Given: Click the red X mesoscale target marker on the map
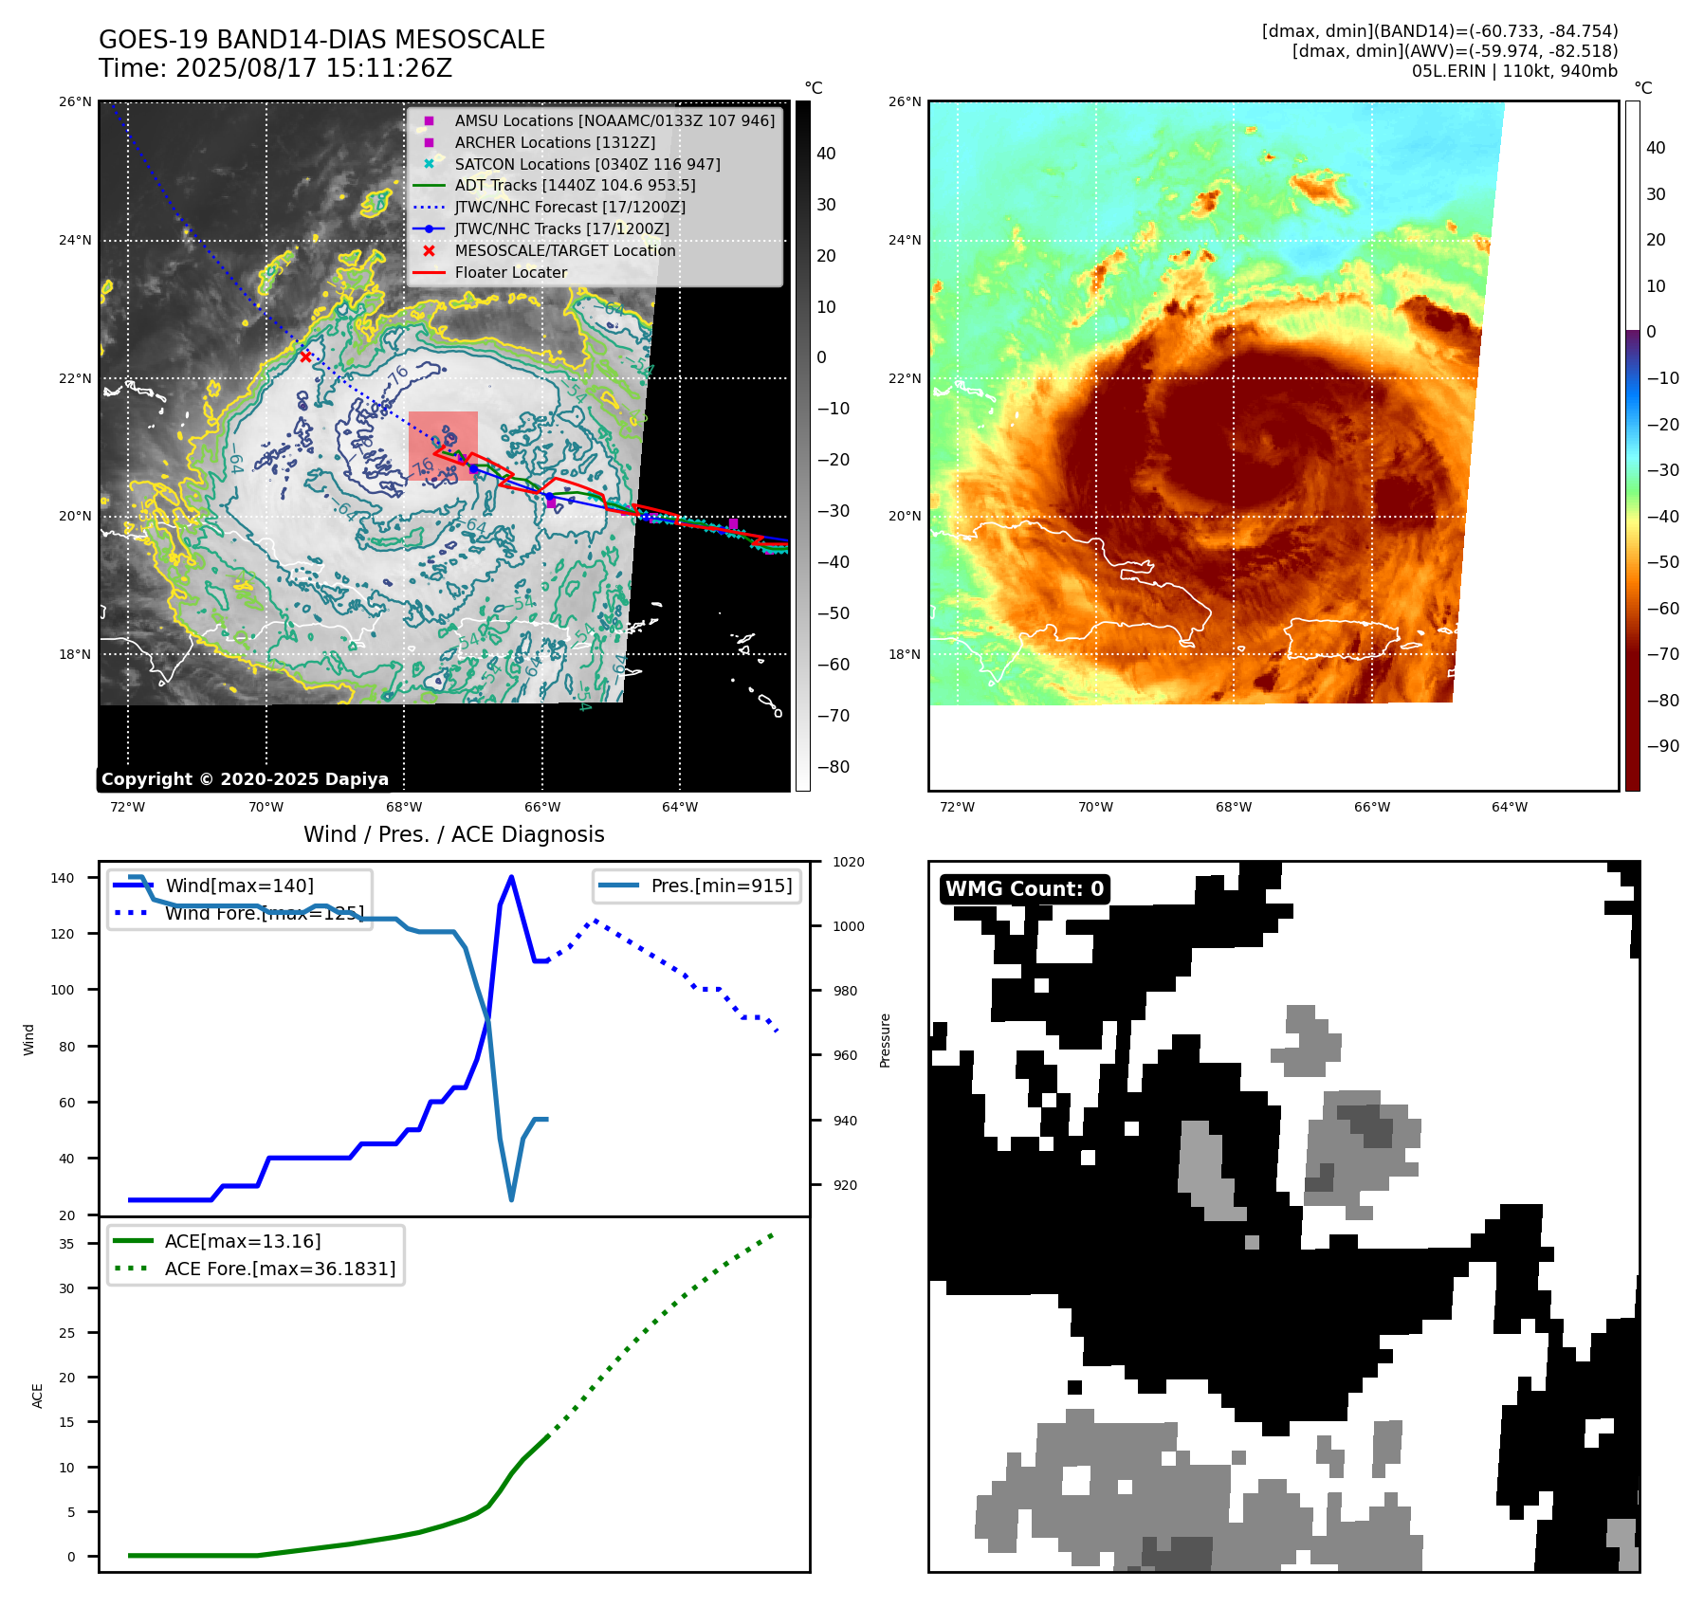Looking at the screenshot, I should [305, 356].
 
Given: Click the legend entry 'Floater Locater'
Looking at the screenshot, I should [510, 273].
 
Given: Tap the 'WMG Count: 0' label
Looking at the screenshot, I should [1024, 889].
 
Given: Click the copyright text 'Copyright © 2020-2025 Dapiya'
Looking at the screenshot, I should [245, 779].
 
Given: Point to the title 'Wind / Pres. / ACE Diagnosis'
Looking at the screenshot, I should [453, 834].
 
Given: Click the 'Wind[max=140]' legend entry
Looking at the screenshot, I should [239, 886].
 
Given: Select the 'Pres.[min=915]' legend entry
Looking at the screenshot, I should [721, 886].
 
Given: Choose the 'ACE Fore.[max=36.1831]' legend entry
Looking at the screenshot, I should [280, 1269].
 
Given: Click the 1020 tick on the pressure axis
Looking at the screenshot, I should [849, 862].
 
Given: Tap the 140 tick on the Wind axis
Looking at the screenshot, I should [63, 878].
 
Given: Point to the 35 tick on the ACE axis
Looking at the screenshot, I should [66, 1244].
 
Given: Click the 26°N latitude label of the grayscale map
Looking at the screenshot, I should [76, 102].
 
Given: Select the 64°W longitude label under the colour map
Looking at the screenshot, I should [1510, 808].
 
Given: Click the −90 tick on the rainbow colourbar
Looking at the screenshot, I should [1662, 746].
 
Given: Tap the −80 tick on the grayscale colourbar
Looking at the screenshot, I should [834, 767].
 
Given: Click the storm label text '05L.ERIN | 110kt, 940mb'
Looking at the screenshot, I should [1514, 71].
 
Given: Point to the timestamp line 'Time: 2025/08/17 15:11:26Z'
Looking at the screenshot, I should [275, 68].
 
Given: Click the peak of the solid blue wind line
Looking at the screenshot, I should [512, 877].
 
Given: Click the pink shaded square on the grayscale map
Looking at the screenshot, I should [443, 446].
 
